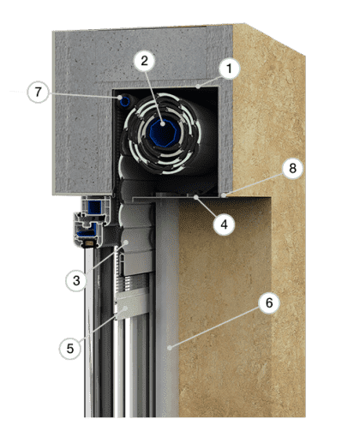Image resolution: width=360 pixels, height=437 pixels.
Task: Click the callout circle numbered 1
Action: (229, 69)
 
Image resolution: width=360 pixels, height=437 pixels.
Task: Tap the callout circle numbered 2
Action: (145, 61)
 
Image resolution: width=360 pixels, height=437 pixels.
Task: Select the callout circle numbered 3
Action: (76, 280)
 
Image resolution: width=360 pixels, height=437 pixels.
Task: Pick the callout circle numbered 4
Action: (225, 224)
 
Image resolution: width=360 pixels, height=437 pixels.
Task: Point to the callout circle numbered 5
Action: (70, 349)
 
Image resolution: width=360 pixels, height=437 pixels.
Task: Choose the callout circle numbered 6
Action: (269, 302)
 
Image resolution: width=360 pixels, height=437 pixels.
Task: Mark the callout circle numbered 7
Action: (38, 93)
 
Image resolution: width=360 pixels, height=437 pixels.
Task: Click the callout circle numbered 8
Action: (292, 168)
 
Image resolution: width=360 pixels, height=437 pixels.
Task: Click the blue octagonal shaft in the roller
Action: (162, 131)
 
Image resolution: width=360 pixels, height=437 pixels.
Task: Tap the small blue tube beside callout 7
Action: (124, 101)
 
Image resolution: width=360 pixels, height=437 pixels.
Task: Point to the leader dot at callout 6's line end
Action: (170, 348)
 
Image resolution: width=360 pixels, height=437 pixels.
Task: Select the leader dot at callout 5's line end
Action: (125, 308)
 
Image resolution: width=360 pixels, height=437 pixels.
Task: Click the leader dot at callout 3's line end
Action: (126, 242)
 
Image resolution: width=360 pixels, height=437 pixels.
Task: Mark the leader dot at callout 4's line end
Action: (195, 197)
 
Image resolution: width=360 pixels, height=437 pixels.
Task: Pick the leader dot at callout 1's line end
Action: (198, 86)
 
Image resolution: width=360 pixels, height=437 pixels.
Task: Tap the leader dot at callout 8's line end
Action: (225, 195)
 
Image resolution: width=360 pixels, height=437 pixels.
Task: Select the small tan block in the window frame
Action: (88, 243)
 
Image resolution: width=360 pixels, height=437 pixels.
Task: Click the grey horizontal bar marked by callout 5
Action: (132, 303)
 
